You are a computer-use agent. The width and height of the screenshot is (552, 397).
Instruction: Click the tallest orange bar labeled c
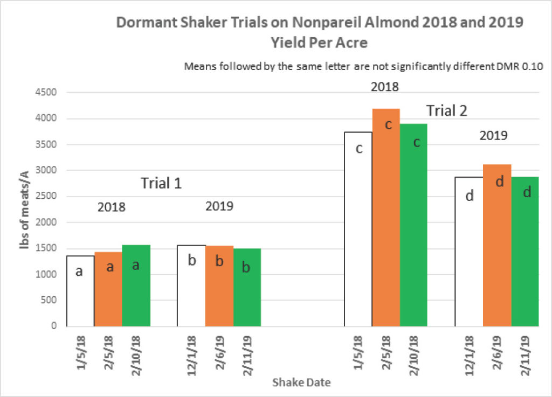tap(386, 218)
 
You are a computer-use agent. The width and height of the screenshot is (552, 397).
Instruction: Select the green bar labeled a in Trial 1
tap(136, 285)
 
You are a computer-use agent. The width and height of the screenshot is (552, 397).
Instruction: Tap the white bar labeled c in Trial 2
tap(358, 229)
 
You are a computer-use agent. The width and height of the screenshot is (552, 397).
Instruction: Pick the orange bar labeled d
tap(496, 246)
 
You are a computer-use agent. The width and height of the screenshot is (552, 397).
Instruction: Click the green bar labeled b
tap(247, 288)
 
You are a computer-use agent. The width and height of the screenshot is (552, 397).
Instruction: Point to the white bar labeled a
tap(81, 291)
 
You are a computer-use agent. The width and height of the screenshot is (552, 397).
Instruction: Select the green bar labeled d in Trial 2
tap(525, 252)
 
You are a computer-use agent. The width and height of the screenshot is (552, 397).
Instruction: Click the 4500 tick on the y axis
tap(46, 93)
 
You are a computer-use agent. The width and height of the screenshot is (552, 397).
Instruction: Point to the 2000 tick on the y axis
tap(46, 222)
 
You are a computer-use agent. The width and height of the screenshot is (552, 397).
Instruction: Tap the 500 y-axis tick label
tap(49, 300)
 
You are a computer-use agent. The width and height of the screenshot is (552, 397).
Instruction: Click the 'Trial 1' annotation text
tap(161, 183)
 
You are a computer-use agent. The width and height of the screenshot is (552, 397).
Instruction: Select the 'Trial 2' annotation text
tap(447, 111)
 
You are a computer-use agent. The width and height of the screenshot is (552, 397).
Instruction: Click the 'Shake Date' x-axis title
tap(302, 382)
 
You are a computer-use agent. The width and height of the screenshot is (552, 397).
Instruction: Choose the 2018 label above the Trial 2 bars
tap(385, 87)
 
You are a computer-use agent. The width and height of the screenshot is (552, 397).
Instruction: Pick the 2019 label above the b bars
tap(219, 206)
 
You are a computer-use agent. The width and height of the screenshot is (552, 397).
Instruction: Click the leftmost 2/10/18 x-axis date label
tap(136, 356)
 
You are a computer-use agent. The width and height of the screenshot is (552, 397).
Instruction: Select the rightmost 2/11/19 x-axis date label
tap(525, 356)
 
